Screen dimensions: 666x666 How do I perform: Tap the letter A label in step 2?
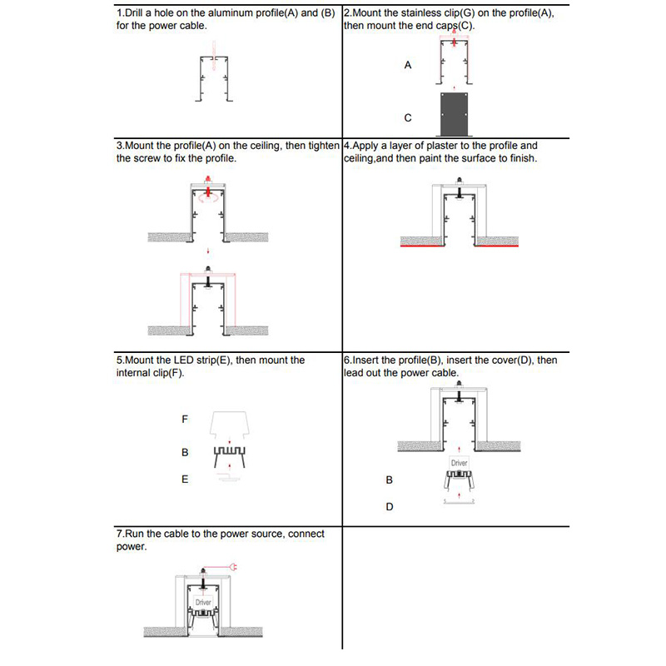coord(408,64)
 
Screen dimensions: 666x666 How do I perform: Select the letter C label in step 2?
coord(408,117)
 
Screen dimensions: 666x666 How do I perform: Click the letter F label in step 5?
coord(185,420)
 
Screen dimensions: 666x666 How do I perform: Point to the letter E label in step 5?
coord(185,480)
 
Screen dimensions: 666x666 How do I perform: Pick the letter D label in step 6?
coord(389,506)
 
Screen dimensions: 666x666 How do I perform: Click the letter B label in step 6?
coord(389,480)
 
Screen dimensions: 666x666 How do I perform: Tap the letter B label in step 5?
coord(185,453)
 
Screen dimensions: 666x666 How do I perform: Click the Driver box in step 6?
coord(459,462)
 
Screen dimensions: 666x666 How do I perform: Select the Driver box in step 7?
coord(204,601)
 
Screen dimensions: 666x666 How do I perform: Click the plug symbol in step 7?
coord(234,568)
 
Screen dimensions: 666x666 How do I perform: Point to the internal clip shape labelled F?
coord(228,424)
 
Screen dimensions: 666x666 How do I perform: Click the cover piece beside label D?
coord(459,502)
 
